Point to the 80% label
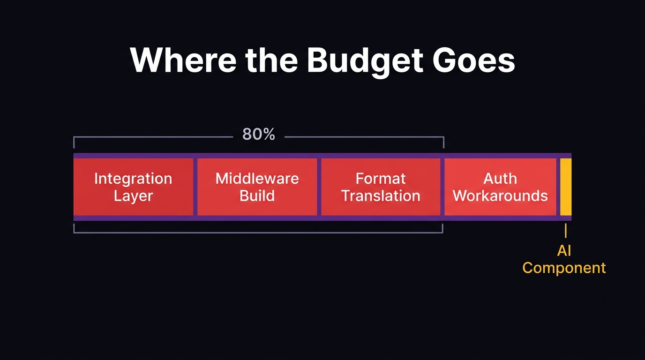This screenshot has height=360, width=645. pos(258,135)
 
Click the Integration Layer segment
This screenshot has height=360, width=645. pos(133,187)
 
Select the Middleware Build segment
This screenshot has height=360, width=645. pos(257,187)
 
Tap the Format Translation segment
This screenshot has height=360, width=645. pos(381,187)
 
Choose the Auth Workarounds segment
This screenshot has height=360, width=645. pos(500,187)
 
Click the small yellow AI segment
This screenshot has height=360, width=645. pos(566,187)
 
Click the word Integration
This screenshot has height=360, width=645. pos(133,179)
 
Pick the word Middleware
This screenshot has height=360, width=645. pos(257,179)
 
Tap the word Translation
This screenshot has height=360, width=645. pos(381,195)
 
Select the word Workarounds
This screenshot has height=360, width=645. pos(500,195)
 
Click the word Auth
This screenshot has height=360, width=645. pos(500,179)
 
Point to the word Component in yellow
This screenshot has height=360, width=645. pos(564,268)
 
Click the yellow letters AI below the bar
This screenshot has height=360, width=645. pos(564,251)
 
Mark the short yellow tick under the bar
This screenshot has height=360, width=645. pos(566,231)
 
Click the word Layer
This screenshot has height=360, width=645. pos(133,196)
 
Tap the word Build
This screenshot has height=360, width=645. pos(257,195)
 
